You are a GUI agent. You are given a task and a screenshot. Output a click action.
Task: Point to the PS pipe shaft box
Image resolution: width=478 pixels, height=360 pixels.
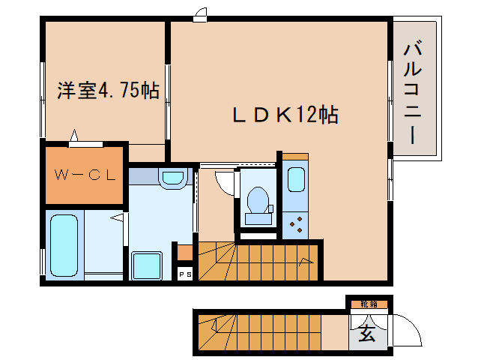click(x=184, y=274)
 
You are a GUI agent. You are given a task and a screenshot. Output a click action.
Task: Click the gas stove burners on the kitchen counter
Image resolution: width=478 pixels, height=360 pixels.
click(x=297, y=221)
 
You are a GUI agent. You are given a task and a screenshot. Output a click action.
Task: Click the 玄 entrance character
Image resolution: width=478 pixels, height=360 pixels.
click(x=367, y=334)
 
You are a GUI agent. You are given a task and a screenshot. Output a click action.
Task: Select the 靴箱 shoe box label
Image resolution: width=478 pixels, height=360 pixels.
click(x=368, y=304)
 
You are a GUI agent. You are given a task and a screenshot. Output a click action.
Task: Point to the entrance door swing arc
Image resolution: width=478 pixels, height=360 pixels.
click(x=405, y=327)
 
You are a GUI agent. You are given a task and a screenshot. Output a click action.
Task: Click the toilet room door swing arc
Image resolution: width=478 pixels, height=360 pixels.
click(x=224, y=183)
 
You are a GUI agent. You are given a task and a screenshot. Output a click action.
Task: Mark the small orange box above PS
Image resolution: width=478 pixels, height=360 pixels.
click(x=184, y=252)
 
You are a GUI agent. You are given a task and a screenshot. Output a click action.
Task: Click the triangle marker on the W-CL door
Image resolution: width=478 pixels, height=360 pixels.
click(x=74, y=136)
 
